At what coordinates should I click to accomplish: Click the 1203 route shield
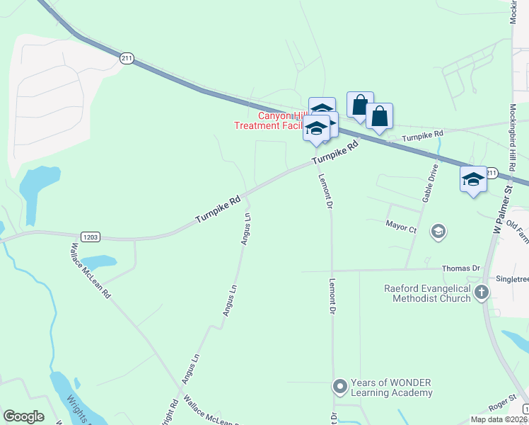[90, 238]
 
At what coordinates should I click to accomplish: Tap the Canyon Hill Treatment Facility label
[272, 121]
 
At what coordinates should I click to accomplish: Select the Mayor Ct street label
[401, 228]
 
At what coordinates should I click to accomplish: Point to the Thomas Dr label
[460, 269]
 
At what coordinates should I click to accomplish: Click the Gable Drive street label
[431, 184]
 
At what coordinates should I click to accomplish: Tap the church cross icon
[482, 293]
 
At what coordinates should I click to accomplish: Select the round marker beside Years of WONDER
[340, 387]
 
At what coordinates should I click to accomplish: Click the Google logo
[23, 416]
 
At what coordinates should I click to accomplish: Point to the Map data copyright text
[499, 419]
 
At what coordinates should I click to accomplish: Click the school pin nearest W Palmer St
[473, 178]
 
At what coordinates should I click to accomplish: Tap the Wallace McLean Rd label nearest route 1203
[91, 270]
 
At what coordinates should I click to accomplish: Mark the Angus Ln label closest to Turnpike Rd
[246, 228]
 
